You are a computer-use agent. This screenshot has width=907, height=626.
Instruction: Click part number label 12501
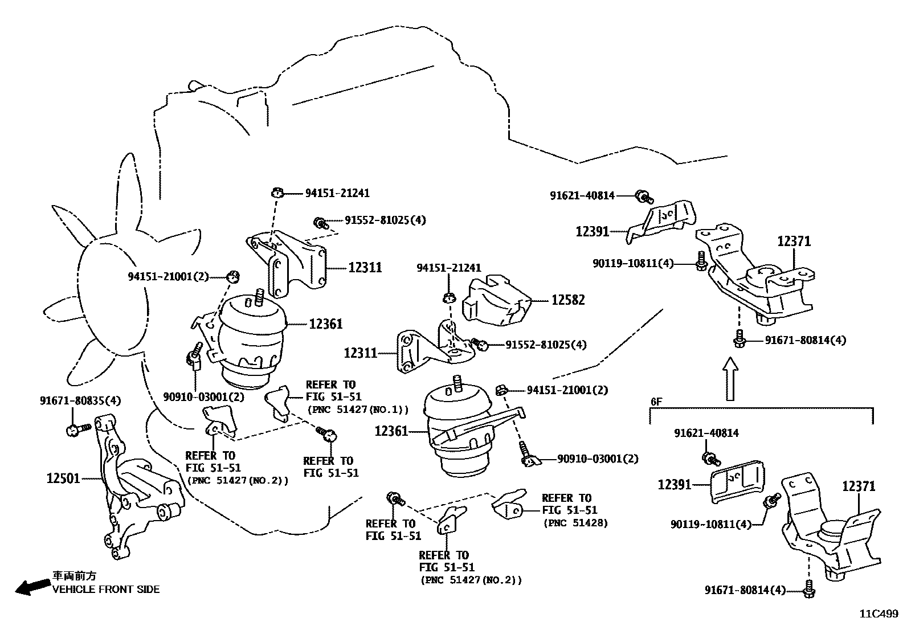coord(63,479)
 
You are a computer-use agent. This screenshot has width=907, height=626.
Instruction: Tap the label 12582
coord(567,300)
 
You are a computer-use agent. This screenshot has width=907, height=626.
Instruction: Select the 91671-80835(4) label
coord(80,400)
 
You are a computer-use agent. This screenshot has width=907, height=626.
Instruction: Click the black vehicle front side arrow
coord(32,586)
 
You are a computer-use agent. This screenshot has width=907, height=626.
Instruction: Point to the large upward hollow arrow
coord(731,379)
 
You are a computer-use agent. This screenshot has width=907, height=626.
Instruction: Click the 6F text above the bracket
coord(656,402)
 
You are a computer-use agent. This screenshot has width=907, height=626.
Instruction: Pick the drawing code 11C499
coord(879,614)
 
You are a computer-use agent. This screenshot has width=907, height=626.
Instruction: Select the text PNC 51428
coord(575,523)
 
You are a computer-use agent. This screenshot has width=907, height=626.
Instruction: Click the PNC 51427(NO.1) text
coord(358,409)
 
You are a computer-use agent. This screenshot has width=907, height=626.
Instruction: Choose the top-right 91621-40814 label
coord(582,196)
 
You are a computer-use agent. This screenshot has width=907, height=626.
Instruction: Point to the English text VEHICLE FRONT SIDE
coord(106,590)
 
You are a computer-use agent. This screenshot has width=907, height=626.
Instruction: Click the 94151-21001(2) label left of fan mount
coord(168,277)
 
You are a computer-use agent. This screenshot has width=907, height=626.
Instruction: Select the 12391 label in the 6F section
coord(675,485)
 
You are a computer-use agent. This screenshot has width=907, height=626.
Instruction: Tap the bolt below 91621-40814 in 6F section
coord(710,458)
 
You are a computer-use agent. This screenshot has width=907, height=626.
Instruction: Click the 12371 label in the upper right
coord(794,242)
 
